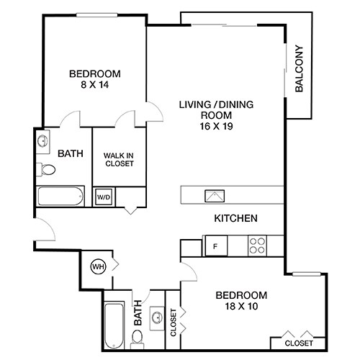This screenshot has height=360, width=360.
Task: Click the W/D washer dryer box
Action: pyautogui.click(x=104, y=196)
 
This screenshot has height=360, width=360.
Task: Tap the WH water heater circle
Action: pyautogui.click(x=97, y=266)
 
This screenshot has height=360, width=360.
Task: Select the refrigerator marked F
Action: pyautogui.click(x=215, y=246)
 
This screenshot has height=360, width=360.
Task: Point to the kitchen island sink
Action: pyautogui.click(x=215, y=194)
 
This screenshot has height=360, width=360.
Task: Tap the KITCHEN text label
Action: pyautogui.click(x=235, y=218)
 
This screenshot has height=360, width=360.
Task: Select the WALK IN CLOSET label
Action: pyautogui.click(x=120, y=158)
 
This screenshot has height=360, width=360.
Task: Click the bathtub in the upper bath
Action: pyautogui.click(x=62, y=196)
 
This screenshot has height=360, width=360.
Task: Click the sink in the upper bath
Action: pyautogui.click(x=42, y=140)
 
